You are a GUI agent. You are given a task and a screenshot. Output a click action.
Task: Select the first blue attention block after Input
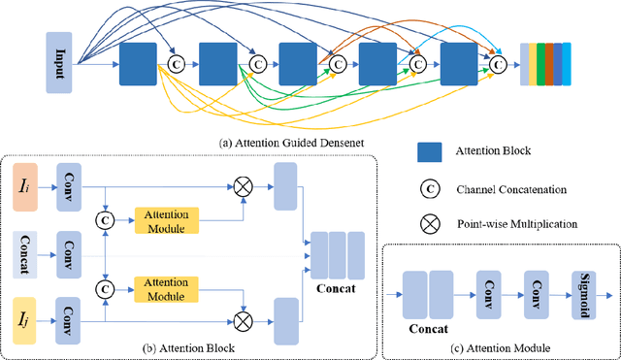[x=138, y=62]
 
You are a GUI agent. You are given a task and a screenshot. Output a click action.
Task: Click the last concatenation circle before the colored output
[x=499, y=64]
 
